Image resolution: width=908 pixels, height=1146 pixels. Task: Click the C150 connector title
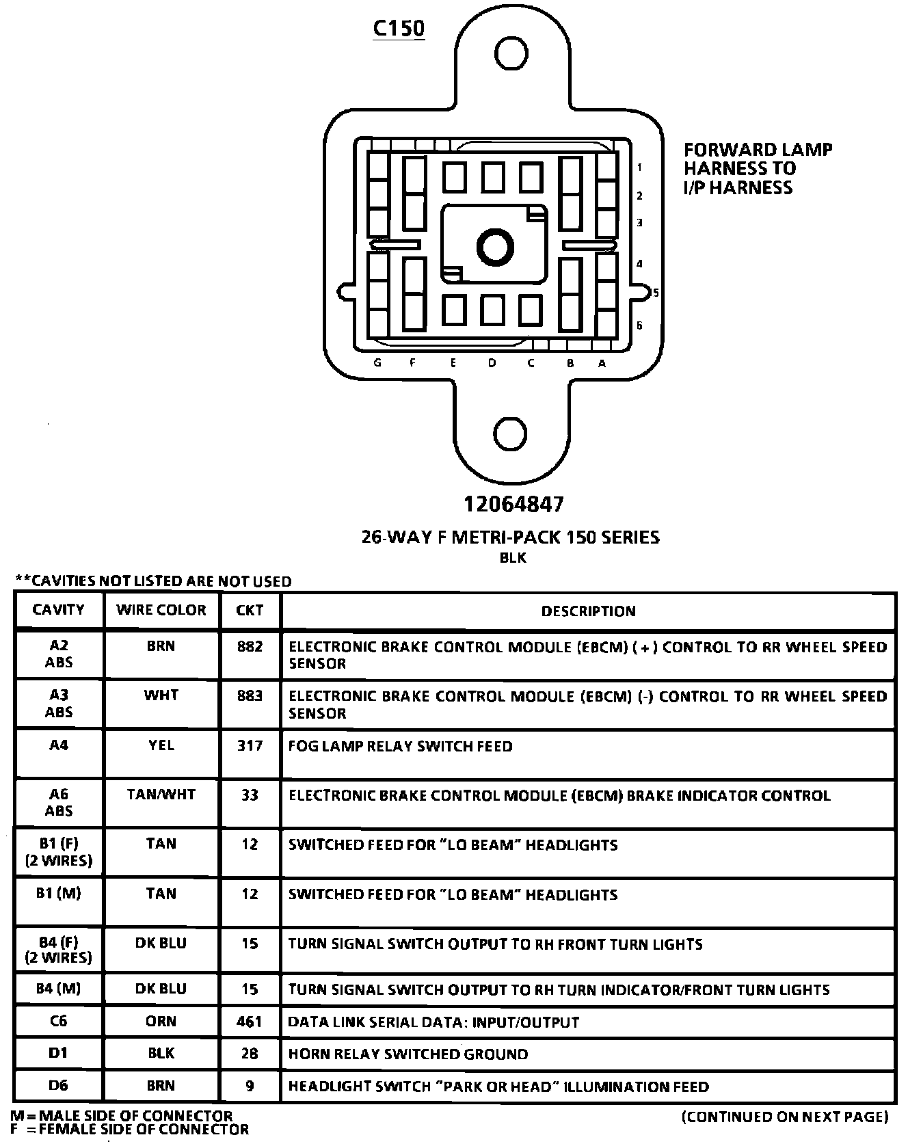pyautogui.click(x=399, y=28)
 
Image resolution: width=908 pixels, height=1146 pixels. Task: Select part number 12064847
pyautogui.click(x=514, y=505)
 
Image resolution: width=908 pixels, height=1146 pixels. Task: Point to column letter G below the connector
pyautogui.click(x=378, y=363)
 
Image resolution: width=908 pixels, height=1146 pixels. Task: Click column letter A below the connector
pyautogui.click(x=602, y=364)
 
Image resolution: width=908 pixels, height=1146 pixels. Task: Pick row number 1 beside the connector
pyautogui.click(x=639, y=167)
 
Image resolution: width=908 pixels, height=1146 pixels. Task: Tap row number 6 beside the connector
pyautogui.click(x=639, y=325)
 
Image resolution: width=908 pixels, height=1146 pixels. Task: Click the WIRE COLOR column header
pyautogui.click(x=161, y=610)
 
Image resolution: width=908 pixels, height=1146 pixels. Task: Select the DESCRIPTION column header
pyautogui.click(x=588, y=611)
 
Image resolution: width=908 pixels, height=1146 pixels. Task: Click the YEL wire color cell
pyautogui.click(x=161, y=745)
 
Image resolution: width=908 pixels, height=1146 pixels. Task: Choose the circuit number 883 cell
pyautogui.click(x=250, y=695)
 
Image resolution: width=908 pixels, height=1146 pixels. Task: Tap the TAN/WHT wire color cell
pyautogui.click(x=161, y=795)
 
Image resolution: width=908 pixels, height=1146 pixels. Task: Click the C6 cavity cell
pyautogui.click(x=59, y=1022)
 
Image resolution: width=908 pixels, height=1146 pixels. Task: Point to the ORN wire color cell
pyautogui.click(x=161, y=1022)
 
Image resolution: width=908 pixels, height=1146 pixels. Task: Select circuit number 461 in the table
pyautogui.click(x=250, y=1022)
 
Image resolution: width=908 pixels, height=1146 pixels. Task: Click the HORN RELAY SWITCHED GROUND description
pyautogui.click(x=408, y=1054)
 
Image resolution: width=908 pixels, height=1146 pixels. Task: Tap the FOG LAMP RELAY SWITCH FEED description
pyautogui.click(x=400, y=746)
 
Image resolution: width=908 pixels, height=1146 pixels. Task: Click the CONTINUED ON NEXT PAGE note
pyautogui.click(x=785, y=1117)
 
